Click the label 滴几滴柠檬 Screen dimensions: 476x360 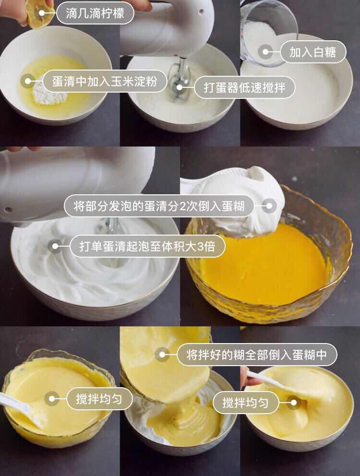pos(95,13)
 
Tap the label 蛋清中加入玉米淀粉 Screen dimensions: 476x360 pos(105,81)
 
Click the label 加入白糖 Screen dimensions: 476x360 pos(312,52)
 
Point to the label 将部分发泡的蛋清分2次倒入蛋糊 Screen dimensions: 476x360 pos(159,206)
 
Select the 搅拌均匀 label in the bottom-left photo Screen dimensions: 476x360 pos(99,398)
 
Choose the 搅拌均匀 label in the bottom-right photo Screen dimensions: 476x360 pos(246,403)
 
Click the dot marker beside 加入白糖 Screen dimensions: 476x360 pos(265,52)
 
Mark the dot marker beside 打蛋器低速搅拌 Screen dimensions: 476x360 pos(180,87)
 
